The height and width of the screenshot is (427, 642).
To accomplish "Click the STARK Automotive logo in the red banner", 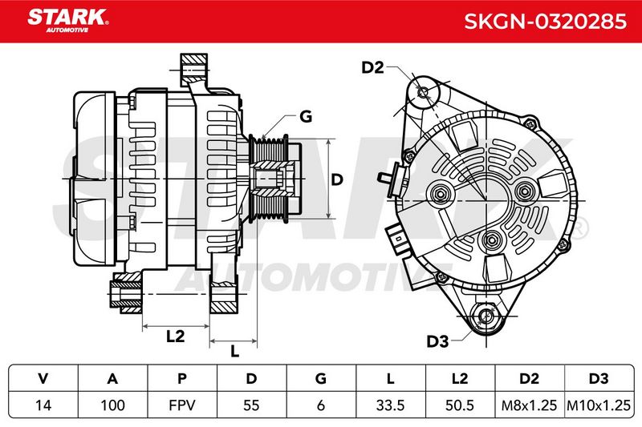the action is pos(68,21).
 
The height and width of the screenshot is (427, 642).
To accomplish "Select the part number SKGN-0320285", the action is pos(546,22).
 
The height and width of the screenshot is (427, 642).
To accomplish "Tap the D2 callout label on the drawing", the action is pos(372,67).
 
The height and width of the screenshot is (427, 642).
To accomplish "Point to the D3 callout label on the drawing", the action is pos(437,341).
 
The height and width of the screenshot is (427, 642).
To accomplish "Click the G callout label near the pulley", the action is pos(306,116).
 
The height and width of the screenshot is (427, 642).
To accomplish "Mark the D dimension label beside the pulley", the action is pos(336,179).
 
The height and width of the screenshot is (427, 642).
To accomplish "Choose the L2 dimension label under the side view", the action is pos(175,336).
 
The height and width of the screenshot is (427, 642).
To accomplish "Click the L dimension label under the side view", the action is pos(234,351).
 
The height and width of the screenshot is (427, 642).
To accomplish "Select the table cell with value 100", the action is pos(112,405).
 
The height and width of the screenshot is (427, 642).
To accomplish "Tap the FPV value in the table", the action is pos(182,405).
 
